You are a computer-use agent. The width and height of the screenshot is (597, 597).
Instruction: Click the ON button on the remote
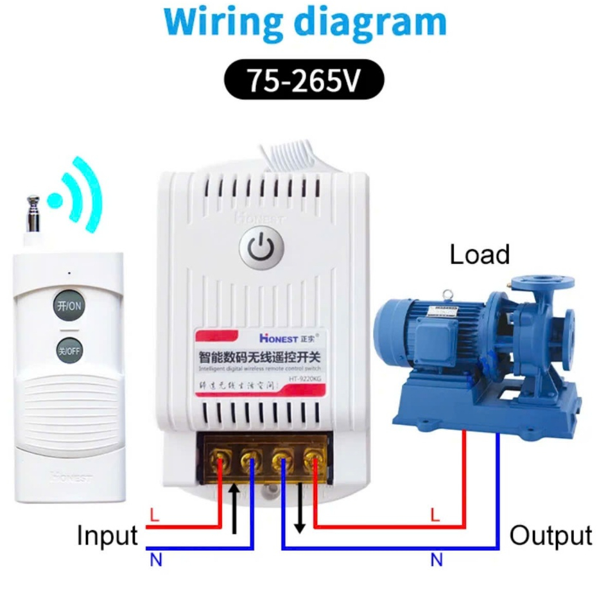pos(68,306)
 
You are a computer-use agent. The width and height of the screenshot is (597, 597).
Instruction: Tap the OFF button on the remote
pos(68,350)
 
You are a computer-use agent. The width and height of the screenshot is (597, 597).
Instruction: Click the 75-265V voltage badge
pos(304,81)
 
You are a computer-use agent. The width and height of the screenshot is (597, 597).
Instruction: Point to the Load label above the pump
pos(479,255)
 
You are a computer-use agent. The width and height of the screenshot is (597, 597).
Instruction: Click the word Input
pos(107,535)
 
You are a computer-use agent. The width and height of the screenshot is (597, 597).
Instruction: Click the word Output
pos(550,535)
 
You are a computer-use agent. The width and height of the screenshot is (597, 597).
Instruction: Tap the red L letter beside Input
pos(153,515)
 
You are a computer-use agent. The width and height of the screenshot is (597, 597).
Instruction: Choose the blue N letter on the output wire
pos(437,560)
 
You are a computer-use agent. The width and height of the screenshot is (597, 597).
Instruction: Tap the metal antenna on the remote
pos(33,215)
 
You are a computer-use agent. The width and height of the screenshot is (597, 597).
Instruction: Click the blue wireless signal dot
pos(57,199)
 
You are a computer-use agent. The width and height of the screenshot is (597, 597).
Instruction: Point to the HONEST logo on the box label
pos(278,338)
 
